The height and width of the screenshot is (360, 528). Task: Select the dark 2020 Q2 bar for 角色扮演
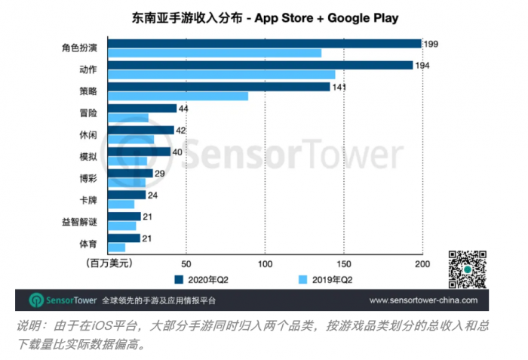click(x=265, y=44)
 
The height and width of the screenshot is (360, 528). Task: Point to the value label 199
click(x=431, y=44)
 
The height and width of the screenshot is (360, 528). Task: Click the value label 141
click(x=341, y=87)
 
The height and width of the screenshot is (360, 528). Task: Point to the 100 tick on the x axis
click(x=265, y=263)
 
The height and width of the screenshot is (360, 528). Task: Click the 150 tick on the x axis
click(x=343, y=263)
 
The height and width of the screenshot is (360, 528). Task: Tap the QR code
click(x=467, y=269)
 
